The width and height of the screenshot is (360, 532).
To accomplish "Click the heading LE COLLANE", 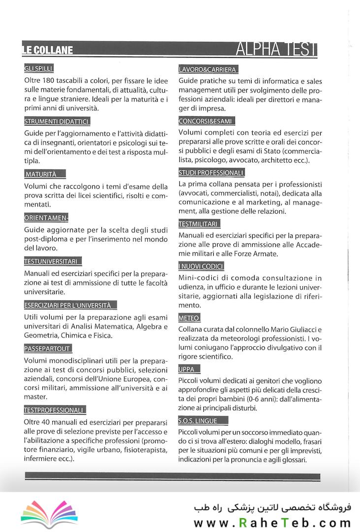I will coord(48,50).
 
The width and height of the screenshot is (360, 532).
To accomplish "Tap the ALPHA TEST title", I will coord(276,49).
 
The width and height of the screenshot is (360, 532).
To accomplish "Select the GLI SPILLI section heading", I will coord(38,68).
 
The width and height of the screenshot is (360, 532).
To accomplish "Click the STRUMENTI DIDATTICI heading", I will coord(57,121).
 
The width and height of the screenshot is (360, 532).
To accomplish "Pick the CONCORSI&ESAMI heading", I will coord(206,121).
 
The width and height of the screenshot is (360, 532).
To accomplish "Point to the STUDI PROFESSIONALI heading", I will coord(211,172).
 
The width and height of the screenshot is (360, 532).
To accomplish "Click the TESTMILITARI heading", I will coord(198,224).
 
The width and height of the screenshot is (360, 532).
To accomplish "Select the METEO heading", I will coord(189,318).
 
